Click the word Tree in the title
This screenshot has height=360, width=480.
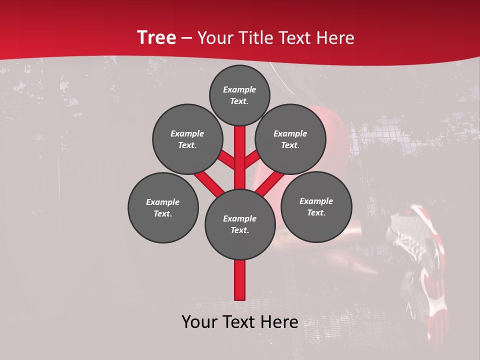point(156,38)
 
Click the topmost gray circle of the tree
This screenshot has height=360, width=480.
point(239,95)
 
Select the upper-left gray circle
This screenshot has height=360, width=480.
point(187,139)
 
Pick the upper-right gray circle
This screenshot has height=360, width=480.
point(290,139)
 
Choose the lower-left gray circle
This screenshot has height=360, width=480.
point(163,207)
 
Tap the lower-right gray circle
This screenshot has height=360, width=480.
point(316,206)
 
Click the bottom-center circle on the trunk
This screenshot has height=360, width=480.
point(240,224)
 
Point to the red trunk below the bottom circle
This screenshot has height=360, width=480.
point(240,280)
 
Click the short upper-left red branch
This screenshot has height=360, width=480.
point(226,160)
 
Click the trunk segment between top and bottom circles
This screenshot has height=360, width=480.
point(240,155)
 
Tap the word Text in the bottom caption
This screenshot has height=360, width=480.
point(240,322)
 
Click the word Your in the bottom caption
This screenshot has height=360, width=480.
point(200,322)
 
